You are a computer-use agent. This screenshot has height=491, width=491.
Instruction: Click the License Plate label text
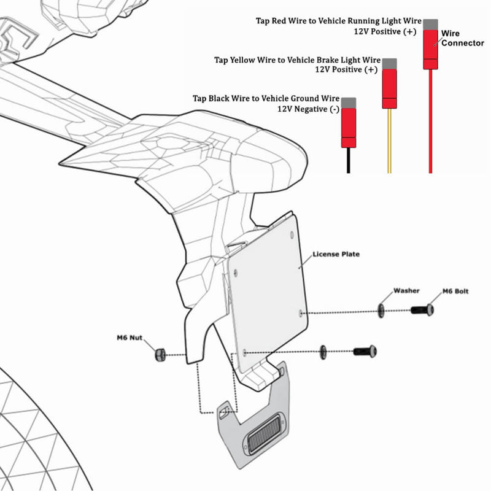pos(336,253)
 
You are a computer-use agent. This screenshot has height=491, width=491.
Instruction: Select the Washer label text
pos(406,290)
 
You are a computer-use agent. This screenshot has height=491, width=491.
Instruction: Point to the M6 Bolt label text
pos(455,291)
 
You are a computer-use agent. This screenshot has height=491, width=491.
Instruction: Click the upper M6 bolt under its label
pos(423,311)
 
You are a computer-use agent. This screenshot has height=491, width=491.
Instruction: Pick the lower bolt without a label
pos(365,352)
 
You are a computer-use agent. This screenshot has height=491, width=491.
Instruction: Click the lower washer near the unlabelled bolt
pos(323,352)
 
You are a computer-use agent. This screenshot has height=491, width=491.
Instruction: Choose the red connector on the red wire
pos(430,48)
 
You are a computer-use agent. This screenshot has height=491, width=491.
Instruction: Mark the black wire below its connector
pos(349,161)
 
